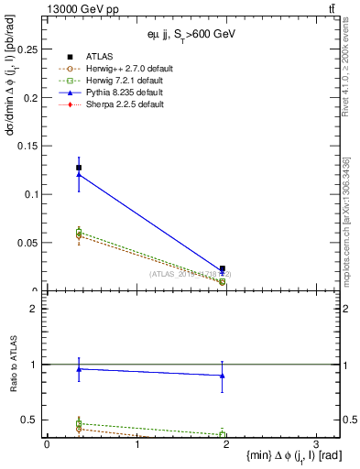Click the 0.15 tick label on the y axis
(x=28, y=147)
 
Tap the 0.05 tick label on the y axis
(x=28, y=243)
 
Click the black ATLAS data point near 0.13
(x=79, y=168)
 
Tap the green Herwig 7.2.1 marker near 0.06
(x=79, y=233)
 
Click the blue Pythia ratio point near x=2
(x=223, y=376)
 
